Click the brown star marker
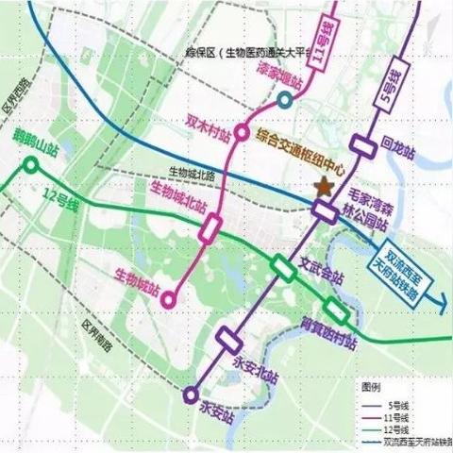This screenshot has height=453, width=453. pyautogui.click(x=325, y=187)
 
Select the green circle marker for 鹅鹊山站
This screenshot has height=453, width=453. pyautogui.click(x=31, y=167)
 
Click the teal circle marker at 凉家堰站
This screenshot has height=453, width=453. pyautogui.click(x=286, y=100)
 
